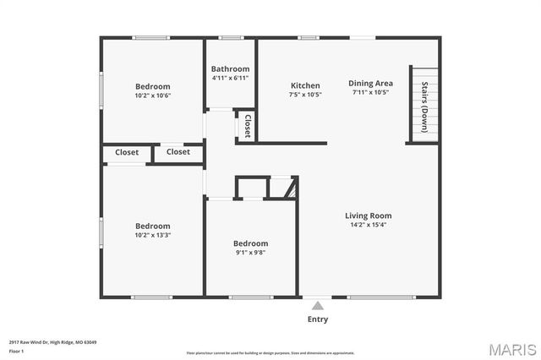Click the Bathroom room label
pos(230,69)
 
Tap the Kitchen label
pos(305,85)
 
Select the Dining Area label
pos(371,83)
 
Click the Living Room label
pos(368,215)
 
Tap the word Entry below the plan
pos(317,319)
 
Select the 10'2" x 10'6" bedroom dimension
pos(153,95)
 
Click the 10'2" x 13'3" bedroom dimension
pos(153,236)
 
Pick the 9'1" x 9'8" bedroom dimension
pos(250,253)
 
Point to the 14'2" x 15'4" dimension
pos(368,225)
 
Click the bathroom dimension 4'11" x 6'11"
pos(230,79)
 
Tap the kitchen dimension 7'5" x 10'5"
pos(305,95)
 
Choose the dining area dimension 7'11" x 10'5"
pos(371,92)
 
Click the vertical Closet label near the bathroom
pos(247,127)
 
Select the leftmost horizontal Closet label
pos(127,152)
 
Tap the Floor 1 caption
pos(16,350)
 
